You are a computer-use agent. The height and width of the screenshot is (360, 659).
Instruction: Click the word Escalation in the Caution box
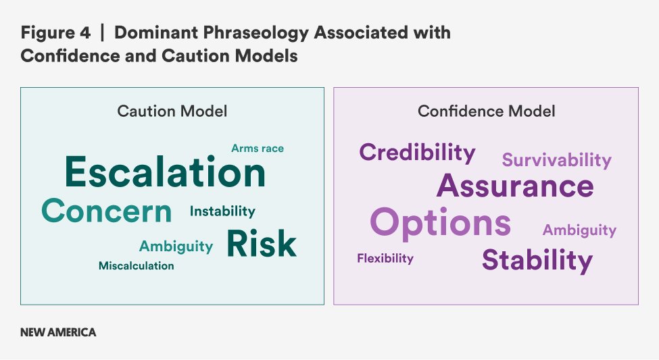coord(165,172)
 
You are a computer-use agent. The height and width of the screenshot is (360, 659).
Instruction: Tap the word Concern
coord(107,211)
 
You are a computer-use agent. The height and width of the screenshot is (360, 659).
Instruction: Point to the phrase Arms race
coord(258,149)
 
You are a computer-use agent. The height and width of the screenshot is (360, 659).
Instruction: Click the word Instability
coord(222,211)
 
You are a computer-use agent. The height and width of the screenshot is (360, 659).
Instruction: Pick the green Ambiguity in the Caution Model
coord(176,246)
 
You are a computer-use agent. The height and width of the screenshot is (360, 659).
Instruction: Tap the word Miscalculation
coord(136,265)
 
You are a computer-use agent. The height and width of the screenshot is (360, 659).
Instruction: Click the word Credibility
coord(417,153)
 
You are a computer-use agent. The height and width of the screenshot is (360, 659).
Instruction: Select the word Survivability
coord(557,160)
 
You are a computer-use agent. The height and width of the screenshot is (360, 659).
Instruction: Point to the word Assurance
coord(515,186)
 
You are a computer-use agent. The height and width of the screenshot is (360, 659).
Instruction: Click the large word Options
coord(441,223)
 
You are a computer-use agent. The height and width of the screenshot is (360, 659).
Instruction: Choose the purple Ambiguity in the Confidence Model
coord(579,230)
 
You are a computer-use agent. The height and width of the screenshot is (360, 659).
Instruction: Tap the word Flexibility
coord(385,258)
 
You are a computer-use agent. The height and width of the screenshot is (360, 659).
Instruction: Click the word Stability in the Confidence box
coord(537,260)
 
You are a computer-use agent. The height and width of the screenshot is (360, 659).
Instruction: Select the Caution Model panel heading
coord(172,111)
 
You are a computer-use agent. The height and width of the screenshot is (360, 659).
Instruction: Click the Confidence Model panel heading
coord(486,111)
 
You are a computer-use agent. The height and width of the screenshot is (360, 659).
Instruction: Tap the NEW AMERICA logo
coord(58,332)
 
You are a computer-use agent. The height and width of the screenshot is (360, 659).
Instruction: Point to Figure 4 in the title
coord(55,32)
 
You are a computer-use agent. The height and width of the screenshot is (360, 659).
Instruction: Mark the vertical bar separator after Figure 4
coord(102,33)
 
